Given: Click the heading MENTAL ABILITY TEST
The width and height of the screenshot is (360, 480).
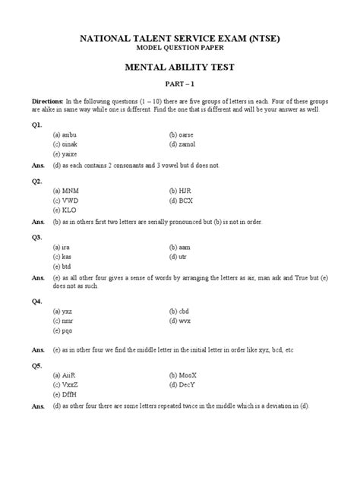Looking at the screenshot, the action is [180, 68].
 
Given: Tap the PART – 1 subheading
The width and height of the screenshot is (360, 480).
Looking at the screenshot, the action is [180, 86].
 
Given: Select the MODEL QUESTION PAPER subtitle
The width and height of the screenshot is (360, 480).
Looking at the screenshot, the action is [180, 48].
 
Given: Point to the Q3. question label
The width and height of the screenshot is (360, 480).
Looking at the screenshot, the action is [36, 237].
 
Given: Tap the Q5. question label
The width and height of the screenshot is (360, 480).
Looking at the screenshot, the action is [36, 365].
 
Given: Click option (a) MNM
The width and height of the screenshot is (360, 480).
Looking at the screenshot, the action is [68, 191].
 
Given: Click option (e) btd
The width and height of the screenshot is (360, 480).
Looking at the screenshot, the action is [64, 267].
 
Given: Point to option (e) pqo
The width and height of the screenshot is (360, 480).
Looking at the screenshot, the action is [65, 332].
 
